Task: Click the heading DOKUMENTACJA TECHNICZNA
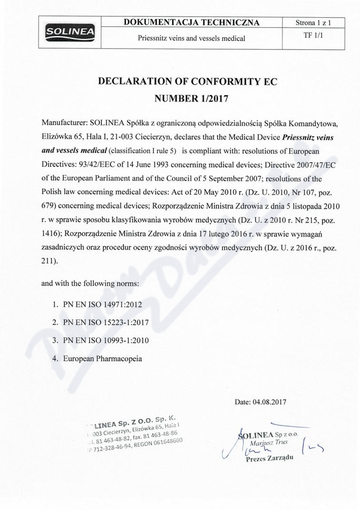pyautogui.click(x=191, y=22)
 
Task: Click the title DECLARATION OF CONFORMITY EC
pyautogui.click(x=187, y=82)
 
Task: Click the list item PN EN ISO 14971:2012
pyautogui.click(x=103, y=304)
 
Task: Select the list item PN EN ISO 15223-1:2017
pyautogui.click(x=106, y=322)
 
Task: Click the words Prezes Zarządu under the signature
pyautogui.click(x=269, y=459)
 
